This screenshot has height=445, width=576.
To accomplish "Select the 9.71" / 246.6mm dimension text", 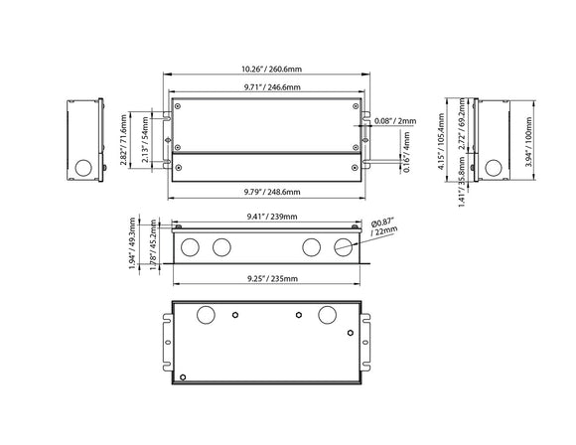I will click(264, 87).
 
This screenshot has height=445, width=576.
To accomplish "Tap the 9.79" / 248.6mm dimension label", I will click(264, 190).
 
